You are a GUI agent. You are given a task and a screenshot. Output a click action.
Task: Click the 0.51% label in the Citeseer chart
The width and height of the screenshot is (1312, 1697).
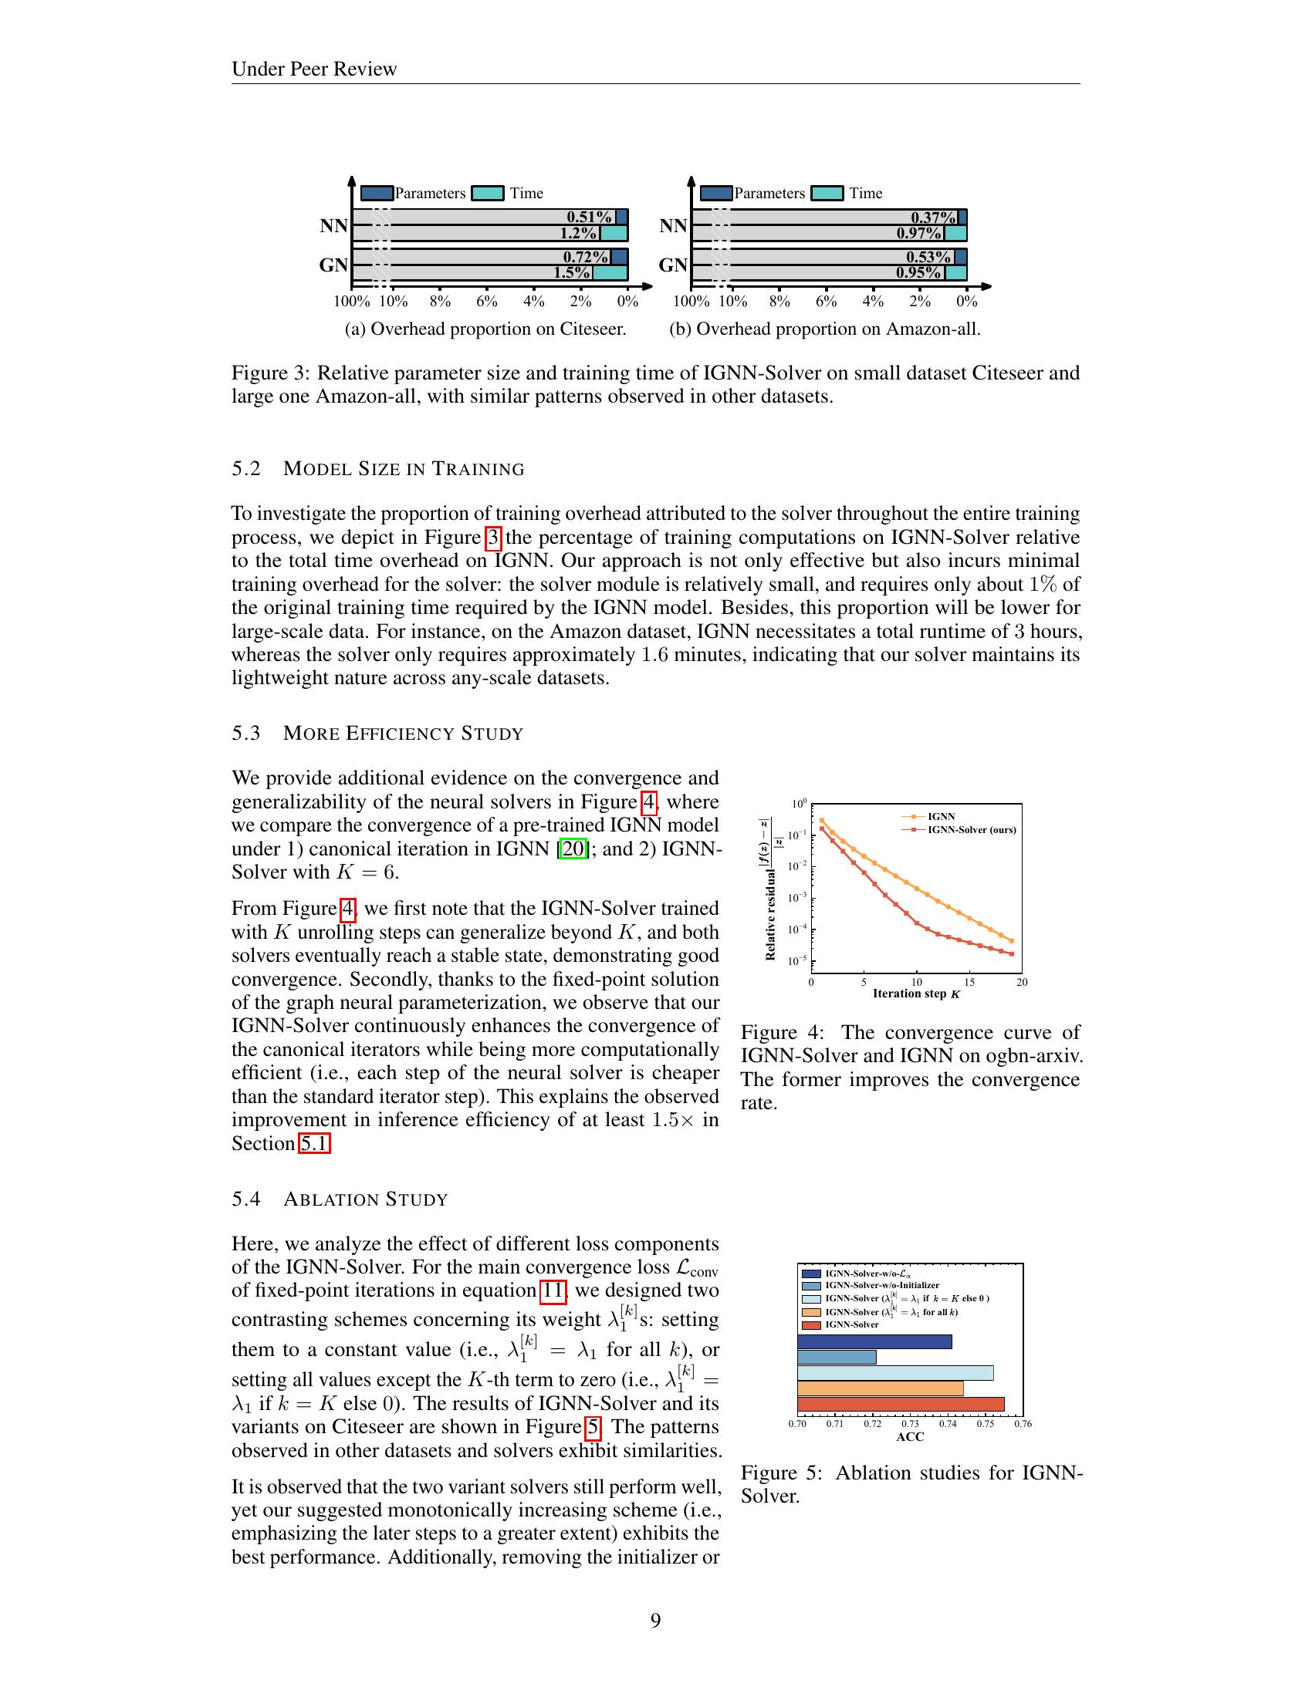coord(588,218)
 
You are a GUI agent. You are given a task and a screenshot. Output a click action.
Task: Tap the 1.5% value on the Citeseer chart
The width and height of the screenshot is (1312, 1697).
coord(572,273)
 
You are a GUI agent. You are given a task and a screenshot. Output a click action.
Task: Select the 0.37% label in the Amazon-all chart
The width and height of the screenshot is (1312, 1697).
coord(933,218)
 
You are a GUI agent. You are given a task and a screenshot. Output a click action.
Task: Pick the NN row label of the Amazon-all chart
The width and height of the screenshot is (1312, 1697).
coord(673,226)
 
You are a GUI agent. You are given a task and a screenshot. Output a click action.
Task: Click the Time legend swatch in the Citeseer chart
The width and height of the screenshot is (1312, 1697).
coord(488,194)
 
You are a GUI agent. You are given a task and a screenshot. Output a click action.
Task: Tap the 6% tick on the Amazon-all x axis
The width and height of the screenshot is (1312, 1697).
coord(827,302)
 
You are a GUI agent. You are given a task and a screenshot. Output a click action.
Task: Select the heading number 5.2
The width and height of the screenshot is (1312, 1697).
coord(245,469)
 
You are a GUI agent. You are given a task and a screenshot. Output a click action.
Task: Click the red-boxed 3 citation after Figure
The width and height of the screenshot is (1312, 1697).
coord(494,538)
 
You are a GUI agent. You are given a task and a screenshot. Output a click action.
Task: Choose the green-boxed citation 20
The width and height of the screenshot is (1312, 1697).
coord(573,848)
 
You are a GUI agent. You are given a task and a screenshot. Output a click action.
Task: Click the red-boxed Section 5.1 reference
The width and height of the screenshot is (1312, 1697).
coord(315,1144)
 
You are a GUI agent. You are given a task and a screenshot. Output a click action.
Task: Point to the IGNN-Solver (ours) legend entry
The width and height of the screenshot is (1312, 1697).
coord(971,830)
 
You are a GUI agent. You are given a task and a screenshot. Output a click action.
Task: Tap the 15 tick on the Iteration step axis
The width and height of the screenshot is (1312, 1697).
coord(969,982)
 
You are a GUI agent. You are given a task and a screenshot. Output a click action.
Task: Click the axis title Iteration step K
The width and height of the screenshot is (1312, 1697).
coord(915,994)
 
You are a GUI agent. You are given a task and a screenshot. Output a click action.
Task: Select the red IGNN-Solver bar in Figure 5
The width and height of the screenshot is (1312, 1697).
coord(900,1404)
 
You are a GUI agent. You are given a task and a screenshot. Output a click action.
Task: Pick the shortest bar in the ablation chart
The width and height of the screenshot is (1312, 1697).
coord(837,1357)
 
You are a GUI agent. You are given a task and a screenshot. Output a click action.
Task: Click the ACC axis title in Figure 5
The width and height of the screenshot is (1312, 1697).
coord(909,1437)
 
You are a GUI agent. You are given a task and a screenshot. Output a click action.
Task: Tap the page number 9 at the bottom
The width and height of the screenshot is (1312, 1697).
coord(655,1621)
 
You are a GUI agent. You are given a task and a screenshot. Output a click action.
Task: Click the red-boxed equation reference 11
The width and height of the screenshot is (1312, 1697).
coord(553,1290)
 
